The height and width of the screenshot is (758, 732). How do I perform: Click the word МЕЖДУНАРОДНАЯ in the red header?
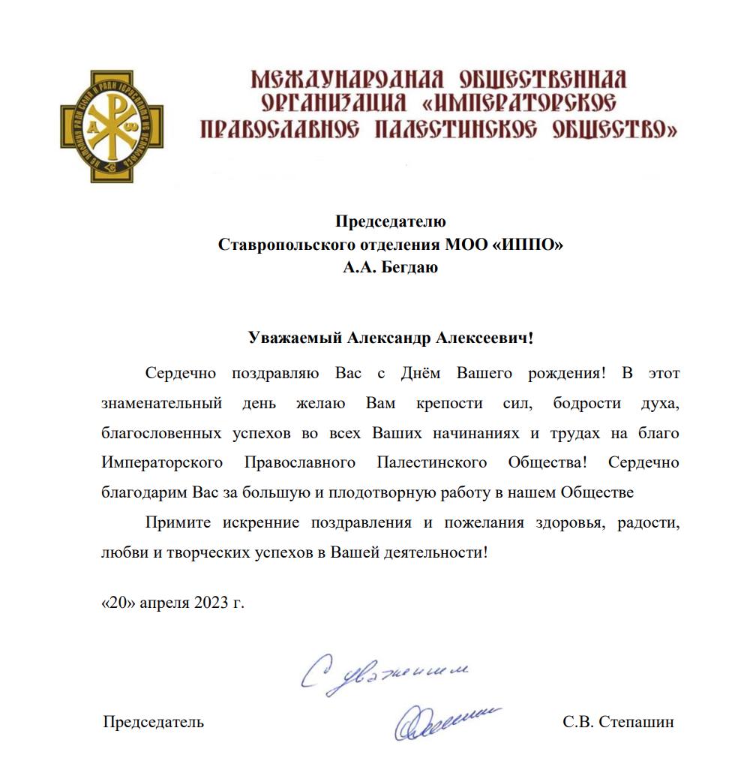[345, 79]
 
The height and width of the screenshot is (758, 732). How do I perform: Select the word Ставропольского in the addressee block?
[280, 245]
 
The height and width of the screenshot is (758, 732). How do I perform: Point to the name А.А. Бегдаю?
[390, 267]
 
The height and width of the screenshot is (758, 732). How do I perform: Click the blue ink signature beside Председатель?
[444, 721]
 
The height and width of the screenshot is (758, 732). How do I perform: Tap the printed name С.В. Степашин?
[618, 722]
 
